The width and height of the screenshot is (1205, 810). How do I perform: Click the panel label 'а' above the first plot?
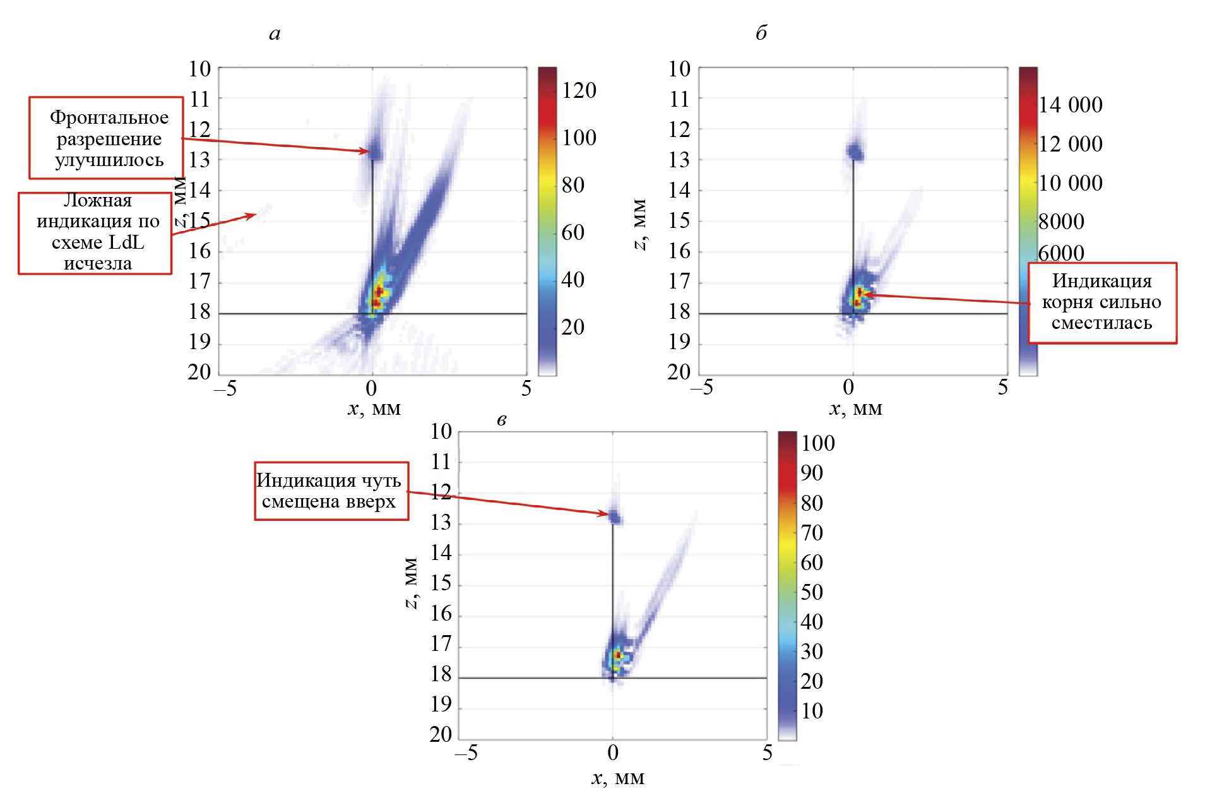(x=275, y=34)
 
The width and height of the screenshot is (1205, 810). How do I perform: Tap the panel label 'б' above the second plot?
(x=761, y=33)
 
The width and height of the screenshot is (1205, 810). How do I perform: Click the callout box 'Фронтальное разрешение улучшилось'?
(x=107, y=138)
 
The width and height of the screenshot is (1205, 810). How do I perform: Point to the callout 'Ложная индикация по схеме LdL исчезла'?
(x=95, y=232)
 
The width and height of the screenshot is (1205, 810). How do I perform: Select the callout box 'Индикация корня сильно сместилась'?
(x=1102, y=302)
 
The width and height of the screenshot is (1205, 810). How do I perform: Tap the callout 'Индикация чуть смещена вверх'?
(x=331, y=491)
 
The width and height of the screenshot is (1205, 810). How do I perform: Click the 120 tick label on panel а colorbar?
(x=579, y=90)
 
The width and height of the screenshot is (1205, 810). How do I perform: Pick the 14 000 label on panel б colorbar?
(x=1071, y=105)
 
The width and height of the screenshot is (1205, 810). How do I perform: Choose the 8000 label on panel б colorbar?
(x=1062, y=222)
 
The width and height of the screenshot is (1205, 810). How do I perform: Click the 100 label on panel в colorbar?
(x=818, y=443)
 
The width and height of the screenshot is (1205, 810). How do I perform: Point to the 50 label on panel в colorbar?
(x=812, y=592)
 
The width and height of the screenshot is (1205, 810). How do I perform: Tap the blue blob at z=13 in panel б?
(x=855, y=152)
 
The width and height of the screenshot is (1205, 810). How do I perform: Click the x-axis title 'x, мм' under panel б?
(x=855, y=409)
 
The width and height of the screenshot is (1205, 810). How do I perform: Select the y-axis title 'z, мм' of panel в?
(x=410, y=583)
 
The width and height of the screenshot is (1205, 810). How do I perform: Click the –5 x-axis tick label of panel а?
(x=225, y=388)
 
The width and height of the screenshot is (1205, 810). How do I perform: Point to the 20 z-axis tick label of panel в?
(x=441, y=734)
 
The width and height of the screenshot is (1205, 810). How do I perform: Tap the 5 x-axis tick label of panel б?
(x=1002, y=388)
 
